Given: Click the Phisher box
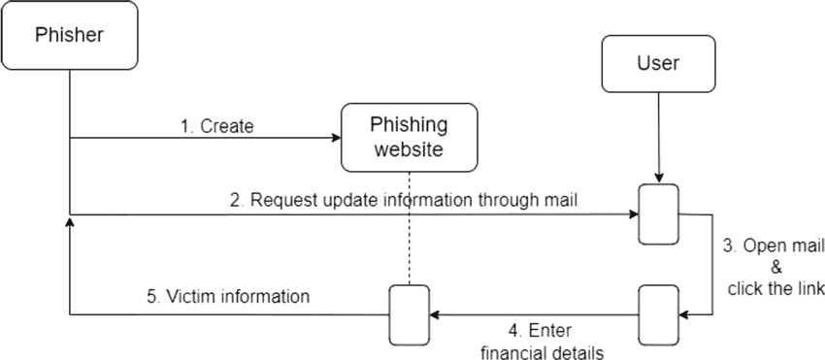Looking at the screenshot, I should click(x=69, y=37).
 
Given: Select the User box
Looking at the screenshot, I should click(x=658, y=65).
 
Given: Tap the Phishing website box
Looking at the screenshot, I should click(x=409, y=137).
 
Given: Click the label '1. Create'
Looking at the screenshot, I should click(x=217, y=126).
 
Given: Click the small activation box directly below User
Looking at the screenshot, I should click(x=658, y=213).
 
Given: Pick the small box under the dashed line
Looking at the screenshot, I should click(x=409, y=314).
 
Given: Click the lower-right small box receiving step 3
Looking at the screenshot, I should click(x=658, y=314).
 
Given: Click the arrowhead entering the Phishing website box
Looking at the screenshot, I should click(x=335, y=138).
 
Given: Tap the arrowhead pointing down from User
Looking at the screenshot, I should click(x=658, y=179).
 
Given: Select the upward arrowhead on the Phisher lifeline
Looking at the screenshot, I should click(x=69, y=223).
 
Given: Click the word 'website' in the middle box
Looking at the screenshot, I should click(x=409, y=149).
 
